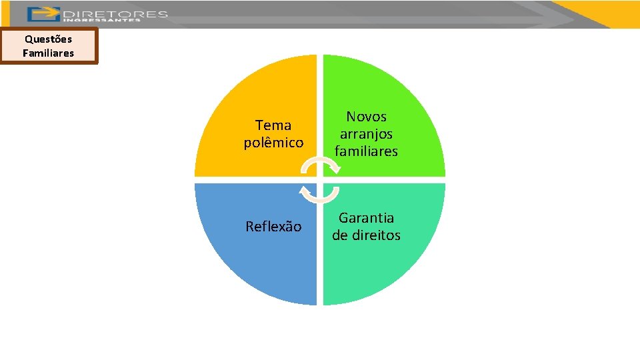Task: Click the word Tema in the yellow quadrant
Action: (x=273, y=125)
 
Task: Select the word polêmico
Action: (x=273, y=143)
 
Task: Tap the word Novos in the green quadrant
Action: (x=366, y=117)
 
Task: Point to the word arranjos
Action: (x=366, y=134)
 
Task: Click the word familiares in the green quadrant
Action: (x=366, y=151)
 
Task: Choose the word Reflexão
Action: (x=273, y=227)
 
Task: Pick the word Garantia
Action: (x=366, y=218)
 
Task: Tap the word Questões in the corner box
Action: (x=48, y=39)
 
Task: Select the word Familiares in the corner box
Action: (x=48, y=53)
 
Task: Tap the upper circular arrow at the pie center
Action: (x=320, y=165)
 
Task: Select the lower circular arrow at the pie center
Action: (x=320, y=194)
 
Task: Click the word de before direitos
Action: (x=340, y=235)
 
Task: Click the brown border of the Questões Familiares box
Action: (x=2, y=45)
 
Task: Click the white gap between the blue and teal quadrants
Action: (x=320, y=267)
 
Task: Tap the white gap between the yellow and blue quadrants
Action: (x=253, y=180)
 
